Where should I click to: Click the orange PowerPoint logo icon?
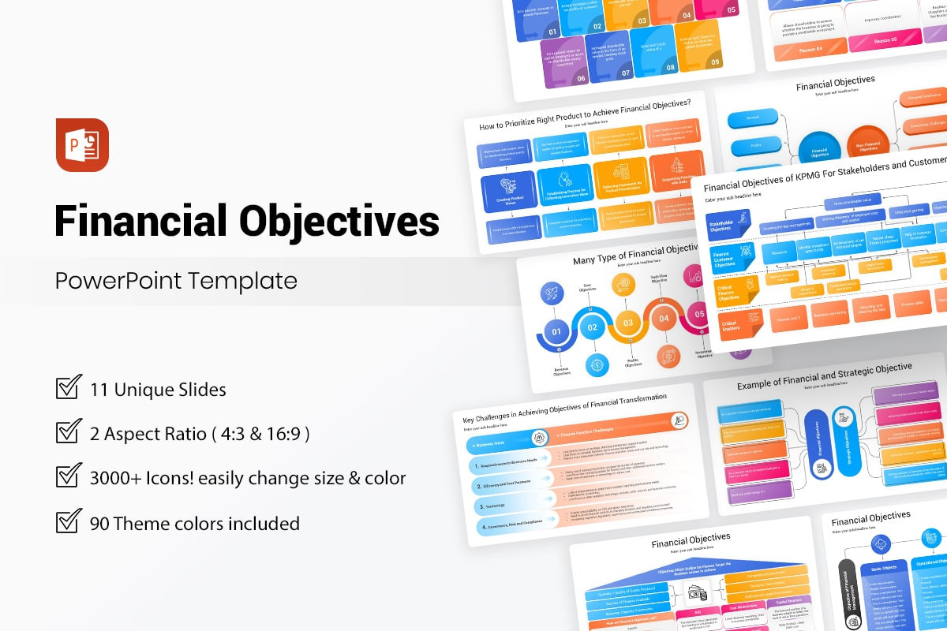point(82,145)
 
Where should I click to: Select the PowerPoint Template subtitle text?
point(176,281)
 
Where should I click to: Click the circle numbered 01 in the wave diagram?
point(557,331)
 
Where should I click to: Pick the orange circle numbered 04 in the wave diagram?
point(664,319)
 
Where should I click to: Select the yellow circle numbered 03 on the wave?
point(628,323)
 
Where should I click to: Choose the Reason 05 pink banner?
point(883,39)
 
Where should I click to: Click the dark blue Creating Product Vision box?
point(507,189)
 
